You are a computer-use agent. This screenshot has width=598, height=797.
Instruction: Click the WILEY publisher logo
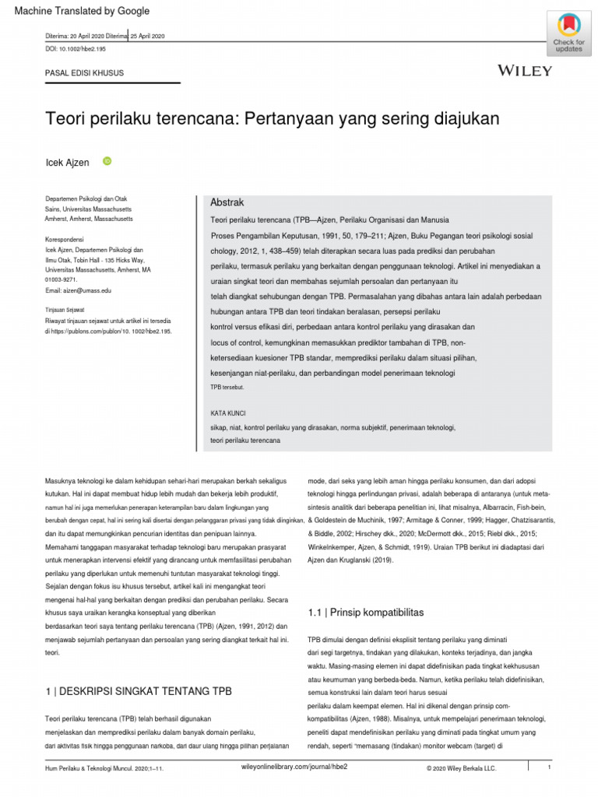[x=525, y=71]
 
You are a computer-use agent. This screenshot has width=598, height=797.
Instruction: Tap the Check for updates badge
[x=568, y=33]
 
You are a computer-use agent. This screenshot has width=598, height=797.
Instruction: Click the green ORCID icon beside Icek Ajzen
[x=107, y=162]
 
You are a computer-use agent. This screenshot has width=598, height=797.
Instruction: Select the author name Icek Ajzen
[x=69, y=163]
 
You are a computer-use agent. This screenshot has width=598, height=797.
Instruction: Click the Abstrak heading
[x=227, y=202]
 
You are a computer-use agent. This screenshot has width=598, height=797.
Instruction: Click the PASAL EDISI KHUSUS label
[x=85, y=73]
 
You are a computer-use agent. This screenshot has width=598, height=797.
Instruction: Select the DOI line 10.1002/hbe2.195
[x=79, y=49]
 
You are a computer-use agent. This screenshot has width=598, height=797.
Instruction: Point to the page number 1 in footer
[x=549, y=768]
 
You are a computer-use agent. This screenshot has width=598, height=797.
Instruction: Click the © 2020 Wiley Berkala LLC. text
[x=460, y=768]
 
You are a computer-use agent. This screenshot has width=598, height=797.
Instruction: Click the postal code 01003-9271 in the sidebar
[x=61, y=279]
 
